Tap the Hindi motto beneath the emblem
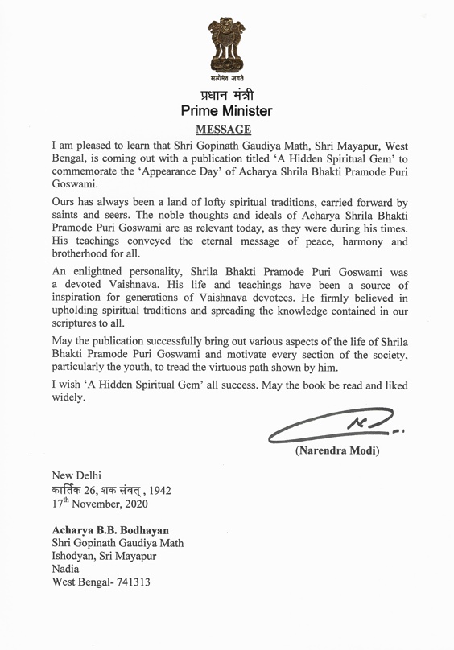coord(227,78)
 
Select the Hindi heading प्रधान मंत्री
coord(227,94)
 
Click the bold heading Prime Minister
coord(227,111)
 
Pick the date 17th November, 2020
coord(105,504)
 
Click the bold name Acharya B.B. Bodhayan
coord(113,529)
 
